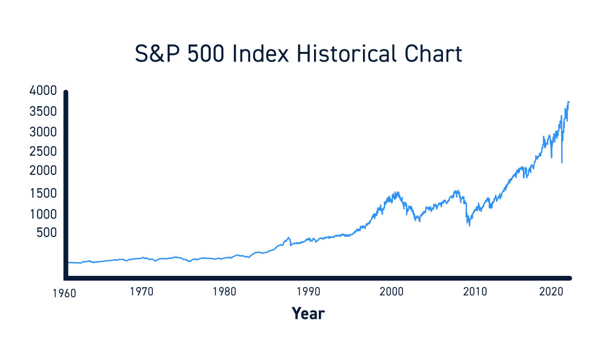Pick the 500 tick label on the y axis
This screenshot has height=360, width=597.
[48, 233]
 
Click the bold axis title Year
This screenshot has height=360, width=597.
[308, 313]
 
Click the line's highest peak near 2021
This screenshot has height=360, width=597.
[568, 102]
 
